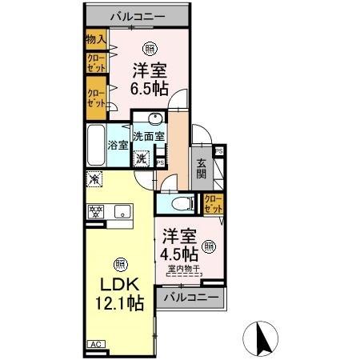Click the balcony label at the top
click(x=138, y=15)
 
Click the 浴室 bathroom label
click(x=118, y=146)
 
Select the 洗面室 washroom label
click(x=149, y=136)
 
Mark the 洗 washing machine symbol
click(x=141, y=158)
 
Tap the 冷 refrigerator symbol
click(x=94, y=180)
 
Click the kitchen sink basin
click(x=122, y=212)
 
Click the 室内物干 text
click(x=182, y=269)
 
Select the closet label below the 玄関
click(x=213, y=203)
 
